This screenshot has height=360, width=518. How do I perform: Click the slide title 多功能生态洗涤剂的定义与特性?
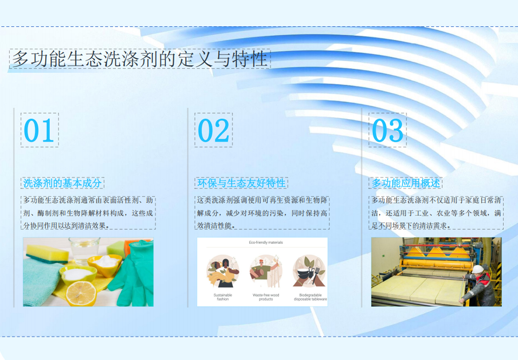coord(139,59)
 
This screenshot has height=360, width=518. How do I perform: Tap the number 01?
coord(39,130)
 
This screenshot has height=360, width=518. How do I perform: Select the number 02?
coord(213,130)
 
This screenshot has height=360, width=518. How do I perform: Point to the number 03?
coord(388,130)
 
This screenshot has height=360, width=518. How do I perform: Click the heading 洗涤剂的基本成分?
coord(62,183)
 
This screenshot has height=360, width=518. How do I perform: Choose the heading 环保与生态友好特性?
coord(241,183)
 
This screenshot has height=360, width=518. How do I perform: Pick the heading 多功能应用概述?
coord(406,183)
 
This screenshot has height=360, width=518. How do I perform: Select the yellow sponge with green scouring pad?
coord(47,254)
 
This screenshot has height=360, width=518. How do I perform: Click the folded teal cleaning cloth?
coord(41,283)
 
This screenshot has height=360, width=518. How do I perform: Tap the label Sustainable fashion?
coord(223,297)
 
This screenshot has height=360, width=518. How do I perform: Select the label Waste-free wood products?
coord(266,297)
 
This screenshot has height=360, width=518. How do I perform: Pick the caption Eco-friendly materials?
coord(266,242)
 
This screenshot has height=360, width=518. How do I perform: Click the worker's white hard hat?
coord(478,269)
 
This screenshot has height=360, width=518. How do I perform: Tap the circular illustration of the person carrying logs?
coord(266,271)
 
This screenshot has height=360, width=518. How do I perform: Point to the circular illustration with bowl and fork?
coord(309,271)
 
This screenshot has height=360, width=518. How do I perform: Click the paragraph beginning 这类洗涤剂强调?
coord(262,213)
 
